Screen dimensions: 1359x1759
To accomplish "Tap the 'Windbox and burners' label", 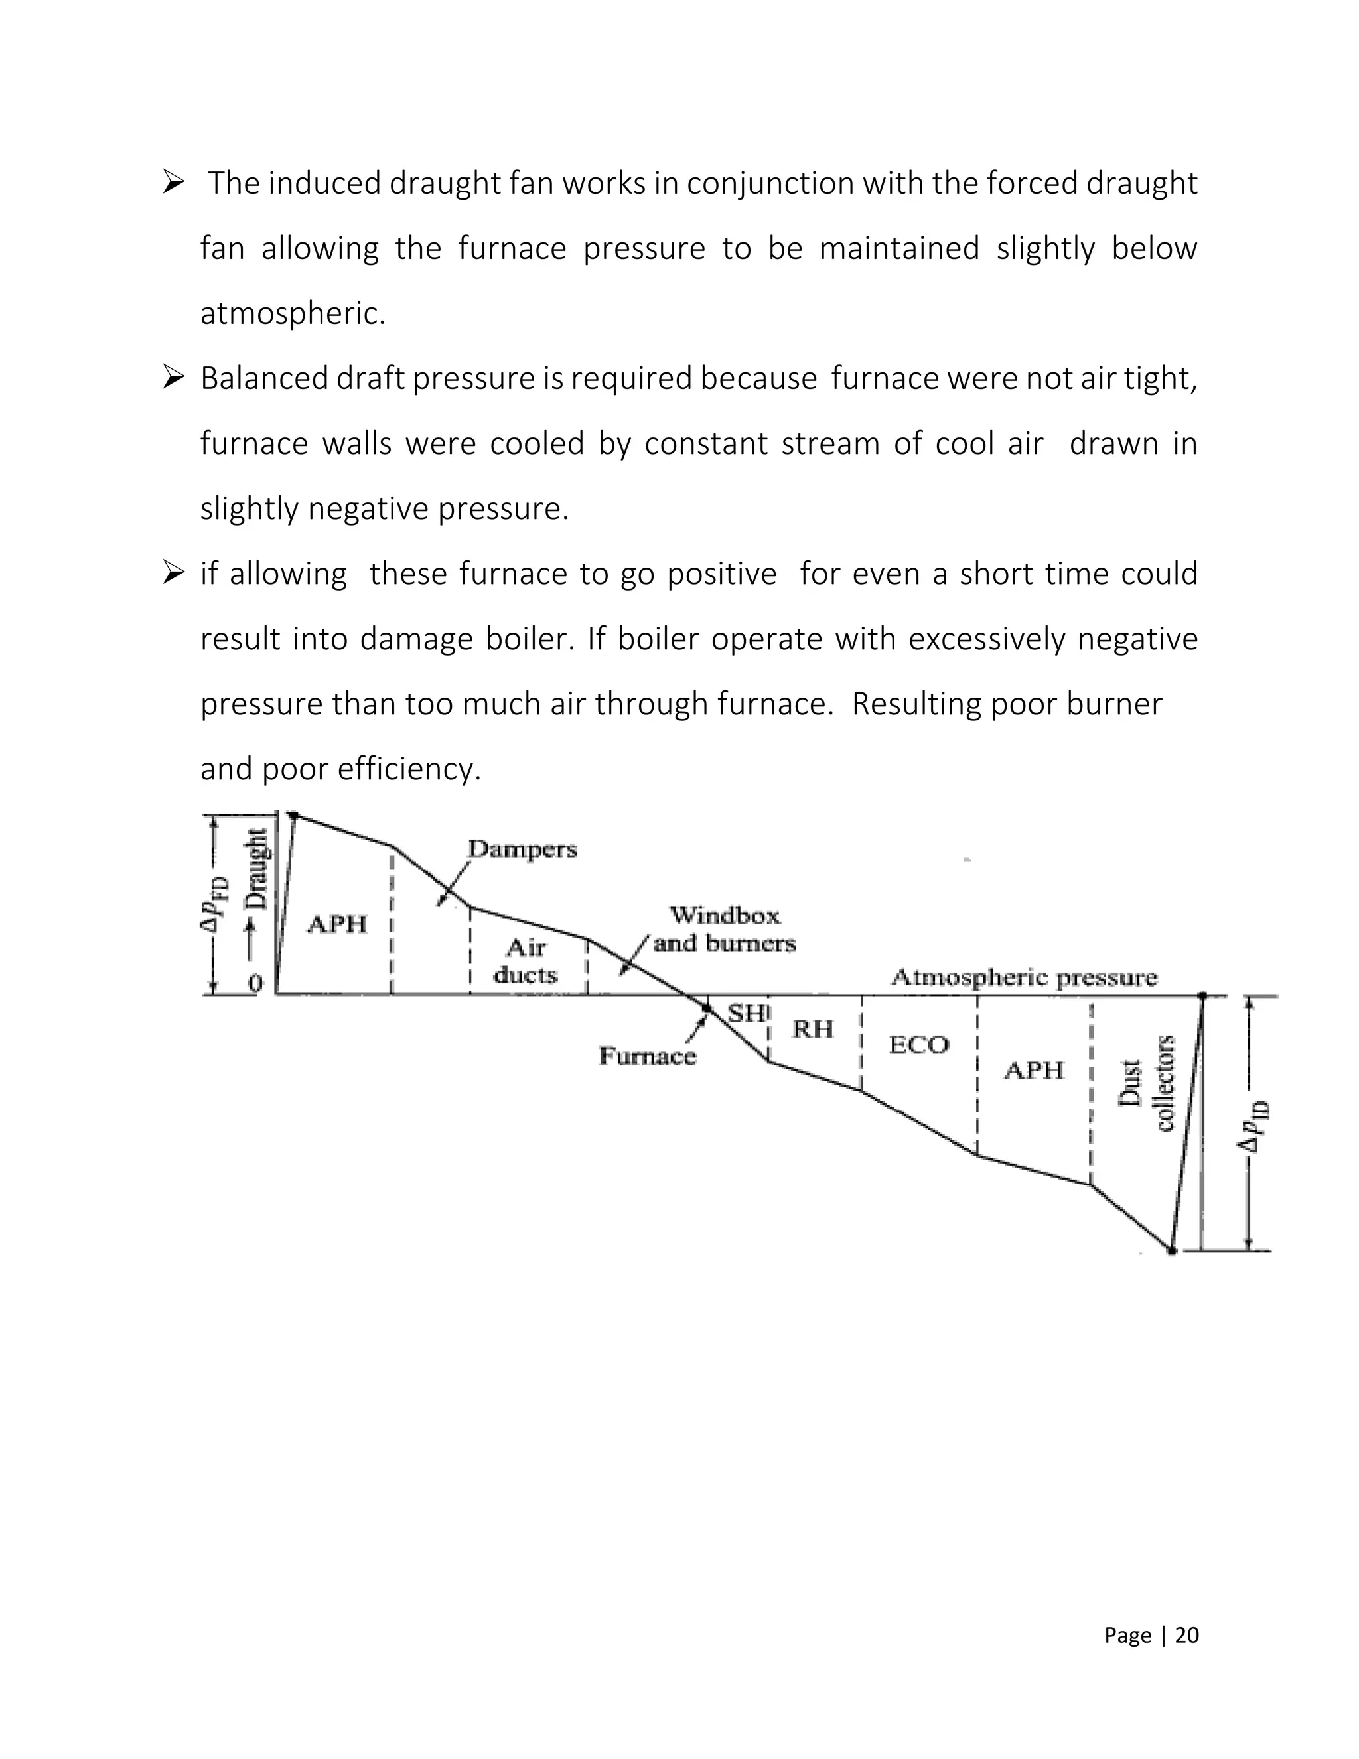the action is pos(725,929).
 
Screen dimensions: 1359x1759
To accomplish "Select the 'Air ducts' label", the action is pos(526,961).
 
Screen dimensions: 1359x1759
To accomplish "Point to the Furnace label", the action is pos(647,1056).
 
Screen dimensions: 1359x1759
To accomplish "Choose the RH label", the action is pos(812,1030).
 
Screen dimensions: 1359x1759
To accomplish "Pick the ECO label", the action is pos(918,1045).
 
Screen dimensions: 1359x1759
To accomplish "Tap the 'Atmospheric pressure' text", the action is pos(1023,978).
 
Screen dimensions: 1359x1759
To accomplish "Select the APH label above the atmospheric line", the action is pos(337,924).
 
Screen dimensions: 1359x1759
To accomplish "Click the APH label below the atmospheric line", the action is pos(1034,1071).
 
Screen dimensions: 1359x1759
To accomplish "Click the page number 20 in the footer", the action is pos(1186,1628).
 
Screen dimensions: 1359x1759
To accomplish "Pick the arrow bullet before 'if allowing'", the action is pos(174,574).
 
